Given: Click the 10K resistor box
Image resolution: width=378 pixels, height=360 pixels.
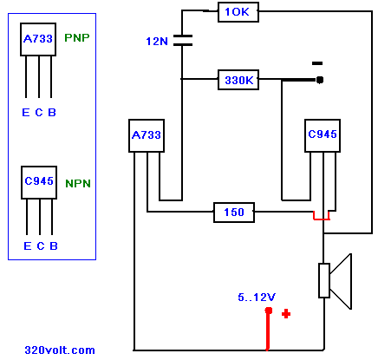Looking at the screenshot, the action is (238, 12).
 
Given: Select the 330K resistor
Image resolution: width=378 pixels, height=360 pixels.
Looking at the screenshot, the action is (238, 80).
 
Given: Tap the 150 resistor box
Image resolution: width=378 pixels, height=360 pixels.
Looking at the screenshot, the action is (234, 213).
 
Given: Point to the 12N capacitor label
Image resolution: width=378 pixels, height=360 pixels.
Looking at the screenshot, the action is (157, 42).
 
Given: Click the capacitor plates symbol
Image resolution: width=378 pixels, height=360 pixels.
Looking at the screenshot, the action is (183, 41).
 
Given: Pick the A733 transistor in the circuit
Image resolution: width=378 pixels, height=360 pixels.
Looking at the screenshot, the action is (147, 135).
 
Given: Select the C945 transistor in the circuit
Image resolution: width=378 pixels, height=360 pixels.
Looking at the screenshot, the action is (323, 135).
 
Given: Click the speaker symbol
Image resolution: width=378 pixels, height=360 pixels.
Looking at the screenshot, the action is (336, 281).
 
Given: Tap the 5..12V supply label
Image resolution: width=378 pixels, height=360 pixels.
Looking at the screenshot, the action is (257, 298).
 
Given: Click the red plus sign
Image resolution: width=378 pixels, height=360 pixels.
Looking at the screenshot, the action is (286, 314).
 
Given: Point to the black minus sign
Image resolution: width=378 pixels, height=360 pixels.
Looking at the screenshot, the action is (317, 63).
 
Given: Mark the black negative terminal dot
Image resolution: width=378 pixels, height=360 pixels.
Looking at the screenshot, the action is (319, 80).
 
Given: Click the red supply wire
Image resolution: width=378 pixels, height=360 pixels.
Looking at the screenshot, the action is (268, 330).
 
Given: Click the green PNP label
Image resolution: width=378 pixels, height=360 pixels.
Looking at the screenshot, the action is (77, 37).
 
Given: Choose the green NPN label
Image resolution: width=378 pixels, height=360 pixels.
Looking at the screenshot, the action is (78, 183).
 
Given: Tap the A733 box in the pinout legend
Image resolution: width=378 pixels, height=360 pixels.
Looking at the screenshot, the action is (38, 39).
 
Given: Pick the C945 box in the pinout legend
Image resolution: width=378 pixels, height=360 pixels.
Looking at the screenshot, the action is (39, 182).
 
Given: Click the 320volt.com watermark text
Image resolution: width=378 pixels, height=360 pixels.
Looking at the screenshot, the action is (60, 350).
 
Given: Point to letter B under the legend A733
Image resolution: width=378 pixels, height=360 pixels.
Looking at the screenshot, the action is (52, 112).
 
